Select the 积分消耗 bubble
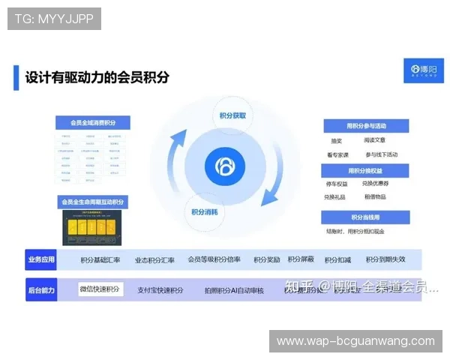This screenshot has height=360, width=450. click(x=203, y=211)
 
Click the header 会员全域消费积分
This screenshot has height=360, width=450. click(x=94, y=123)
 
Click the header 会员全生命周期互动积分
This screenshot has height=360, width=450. click(x=94, y=202)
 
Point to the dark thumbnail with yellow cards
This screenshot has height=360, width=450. click(x=94, y=227)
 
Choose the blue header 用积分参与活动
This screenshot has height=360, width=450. click(x=366, y=125)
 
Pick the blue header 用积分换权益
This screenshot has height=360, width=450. click(x=366, y=170)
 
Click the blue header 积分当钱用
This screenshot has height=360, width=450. click(x=366, y=217)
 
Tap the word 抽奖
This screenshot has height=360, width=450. click(x=336, y=140)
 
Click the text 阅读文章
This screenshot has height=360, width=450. click(x=374, y=140)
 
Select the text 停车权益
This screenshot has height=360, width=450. click(x=336, y=184)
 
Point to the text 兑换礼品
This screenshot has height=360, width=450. click(x=336, y=196)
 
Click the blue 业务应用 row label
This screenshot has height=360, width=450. click(x=41, y=260)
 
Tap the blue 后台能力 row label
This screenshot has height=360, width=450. click(x=41, y=289)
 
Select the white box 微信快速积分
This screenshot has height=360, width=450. click(x=100, y=289)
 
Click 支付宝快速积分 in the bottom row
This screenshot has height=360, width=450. click(x=160, y=290)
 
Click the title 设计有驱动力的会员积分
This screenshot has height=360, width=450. click(x=97, y=77)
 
